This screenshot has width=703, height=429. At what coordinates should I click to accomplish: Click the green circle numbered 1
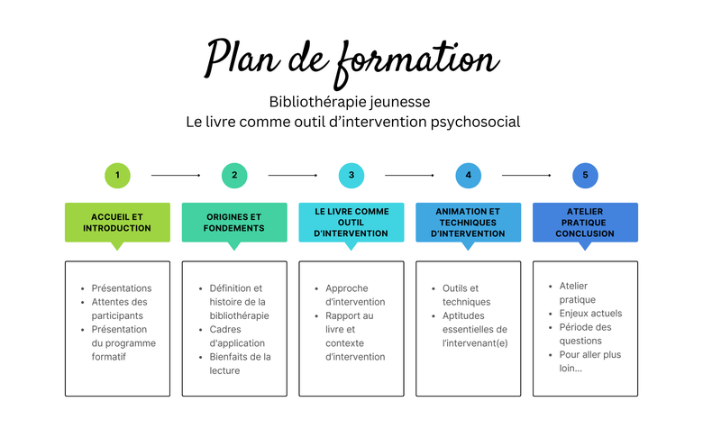117,175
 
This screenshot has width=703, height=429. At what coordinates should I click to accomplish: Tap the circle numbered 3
351,175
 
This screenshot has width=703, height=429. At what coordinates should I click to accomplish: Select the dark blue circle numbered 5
585,175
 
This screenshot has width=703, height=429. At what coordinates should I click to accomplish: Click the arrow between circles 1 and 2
176,175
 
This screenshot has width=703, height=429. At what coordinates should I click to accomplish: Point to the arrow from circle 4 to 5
526,175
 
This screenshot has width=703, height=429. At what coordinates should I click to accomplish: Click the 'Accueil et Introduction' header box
117,223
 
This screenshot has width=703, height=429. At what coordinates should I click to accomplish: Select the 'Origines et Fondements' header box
234,223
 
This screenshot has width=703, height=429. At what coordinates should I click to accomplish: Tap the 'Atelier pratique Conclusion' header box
585,223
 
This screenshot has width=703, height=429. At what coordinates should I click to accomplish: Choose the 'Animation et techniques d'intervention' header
468,223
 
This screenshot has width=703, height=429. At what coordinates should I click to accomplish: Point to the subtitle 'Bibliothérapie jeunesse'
350,102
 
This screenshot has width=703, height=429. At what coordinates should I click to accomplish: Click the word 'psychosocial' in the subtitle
475,123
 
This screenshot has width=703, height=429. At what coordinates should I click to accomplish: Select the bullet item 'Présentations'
122,288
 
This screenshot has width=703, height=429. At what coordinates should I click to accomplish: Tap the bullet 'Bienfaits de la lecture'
240,363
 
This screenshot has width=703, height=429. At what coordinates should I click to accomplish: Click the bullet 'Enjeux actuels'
590,314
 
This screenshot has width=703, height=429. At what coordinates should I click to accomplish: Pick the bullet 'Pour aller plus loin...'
590,361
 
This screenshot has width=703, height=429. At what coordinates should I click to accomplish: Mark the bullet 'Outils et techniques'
466,295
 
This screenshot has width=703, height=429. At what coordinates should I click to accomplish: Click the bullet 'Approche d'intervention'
355,295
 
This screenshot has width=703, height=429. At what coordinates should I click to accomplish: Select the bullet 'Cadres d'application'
237,336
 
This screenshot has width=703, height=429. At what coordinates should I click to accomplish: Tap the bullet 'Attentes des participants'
119,309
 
